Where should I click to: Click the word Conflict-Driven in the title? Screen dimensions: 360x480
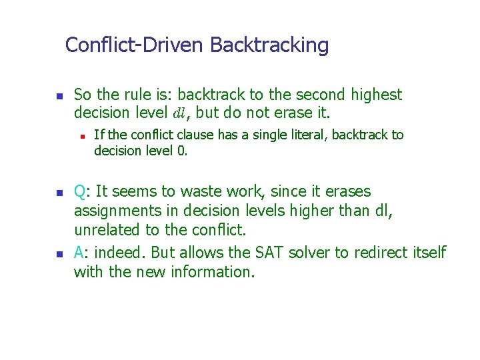click(x=135, y=45)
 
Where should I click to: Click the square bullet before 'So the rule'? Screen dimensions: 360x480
click(x=58, y=97)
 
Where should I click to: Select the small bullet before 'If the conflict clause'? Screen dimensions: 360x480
click(x=81, y=136)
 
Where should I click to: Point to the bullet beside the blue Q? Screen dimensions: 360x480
click(x=58, y=193)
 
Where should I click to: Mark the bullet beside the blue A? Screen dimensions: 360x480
click(x=58, y=254)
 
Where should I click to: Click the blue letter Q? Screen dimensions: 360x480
click(x=79, y=192)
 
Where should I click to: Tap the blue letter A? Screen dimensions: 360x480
click(x=79, y=252)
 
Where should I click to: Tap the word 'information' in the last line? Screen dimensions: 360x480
click(x=209, y=272)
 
